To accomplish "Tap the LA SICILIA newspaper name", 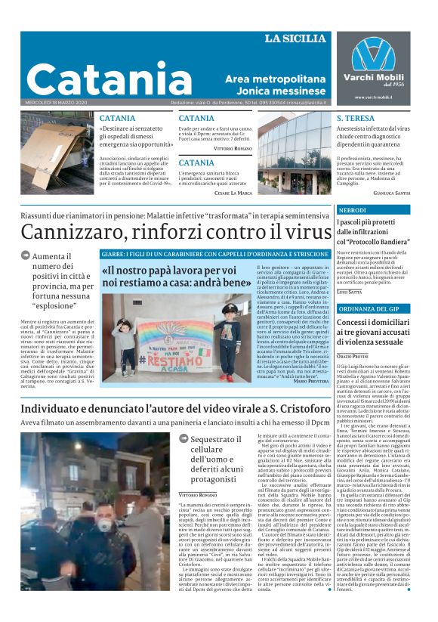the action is pyautogui.click(x=295, y=39).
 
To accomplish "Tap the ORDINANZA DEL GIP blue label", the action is pyautogui.click(x=373, y=309).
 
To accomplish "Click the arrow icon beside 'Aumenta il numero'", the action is pyautogui.click(x=26, y=256).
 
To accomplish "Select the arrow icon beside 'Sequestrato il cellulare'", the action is pyautogui.click(x=184, y=438).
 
